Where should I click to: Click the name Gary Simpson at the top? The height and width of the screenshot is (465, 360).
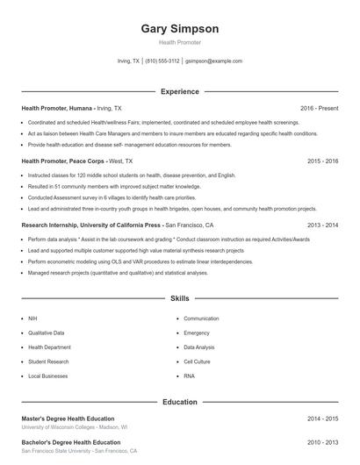click(179, 28)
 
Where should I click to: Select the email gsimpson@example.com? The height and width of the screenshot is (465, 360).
click(213, 61)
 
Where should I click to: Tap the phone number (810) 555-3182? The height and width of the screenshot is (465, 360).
click(162, 61)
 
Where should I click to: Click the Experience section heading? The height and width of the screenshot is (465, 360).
click(179, 91)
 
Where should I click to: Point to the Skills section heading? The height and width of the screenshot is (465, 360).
click(179, 299)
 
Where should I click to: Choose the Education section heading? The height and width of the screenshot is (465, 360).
click(179, 402)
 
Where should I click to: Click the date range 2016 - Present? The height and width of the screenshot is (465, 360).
click(319, 108)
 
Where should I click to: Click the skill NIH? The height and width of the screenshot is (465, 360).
click(32, 318)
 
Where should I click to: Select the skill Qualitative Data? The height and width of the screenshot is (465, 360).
click(47, 333)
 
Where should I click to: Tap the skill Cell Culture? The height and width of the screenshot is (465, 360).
click(197, 361)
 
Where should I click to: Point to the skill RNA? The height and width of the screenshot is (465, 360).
click(189, 376)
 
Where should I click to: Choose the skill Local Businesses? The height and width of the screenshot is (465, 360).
click(47, 376)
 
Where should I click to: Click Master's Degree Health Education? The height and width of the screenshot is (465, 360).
click(68, 418)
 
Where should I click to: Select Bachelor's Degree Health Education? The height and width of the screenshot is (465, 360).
click(71, 442)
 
